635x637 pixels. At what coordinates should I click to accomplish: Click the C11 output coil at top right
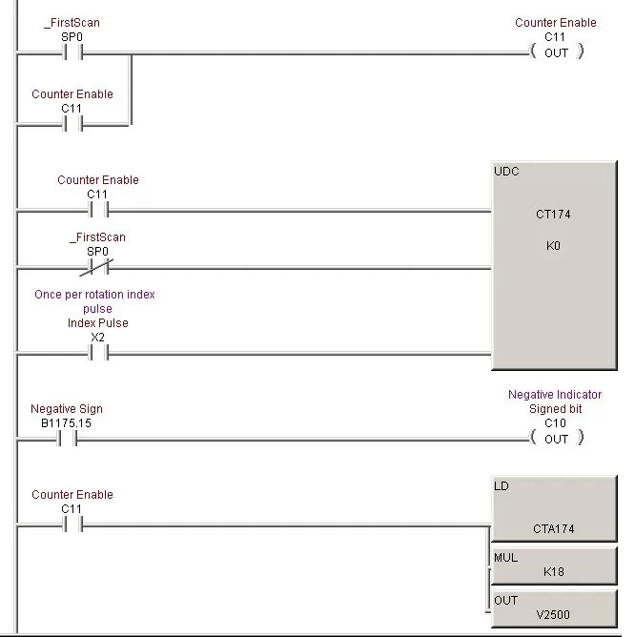click(556, 52)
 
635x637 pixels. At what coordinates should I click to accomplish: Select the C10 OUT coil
click(556, 439)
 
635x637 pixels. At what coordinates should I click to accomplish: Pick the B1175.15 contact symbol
click(67, 439)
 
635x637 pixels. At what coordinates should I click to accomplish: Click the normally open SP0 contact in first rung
click(72, 53)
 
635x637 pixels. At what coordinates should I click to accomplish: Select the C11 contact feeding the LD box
click(72, 524)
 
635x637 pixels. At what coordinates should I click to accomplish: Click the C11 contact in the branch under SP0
click(72, 124)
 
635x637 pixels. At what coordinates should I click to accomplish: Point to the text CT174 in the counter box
click(553, 215)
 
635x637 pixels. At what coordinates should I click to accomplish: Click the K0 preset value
click(553, 245)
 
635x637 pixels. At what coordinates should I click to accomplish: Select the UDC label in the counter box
click(506, 172)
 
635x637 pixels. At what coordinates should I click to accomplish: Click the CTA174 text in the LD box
click(553, 528)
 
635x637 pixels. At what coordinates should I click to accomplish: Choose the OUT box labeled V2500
click(553, 607)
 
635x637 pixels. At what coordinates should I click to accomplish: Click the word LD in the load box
click(502, 486)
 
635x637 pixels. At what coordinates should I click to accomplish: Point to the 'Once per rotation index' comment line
click(94, 295)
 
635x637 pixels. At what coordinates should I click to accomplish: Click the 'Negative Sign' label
click(67, 409)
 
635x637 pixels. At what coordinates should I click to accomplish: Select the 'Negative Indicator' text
click(555, 395)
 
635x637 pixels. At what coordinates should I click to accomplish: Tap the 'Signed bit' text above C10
click(555, 409)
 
